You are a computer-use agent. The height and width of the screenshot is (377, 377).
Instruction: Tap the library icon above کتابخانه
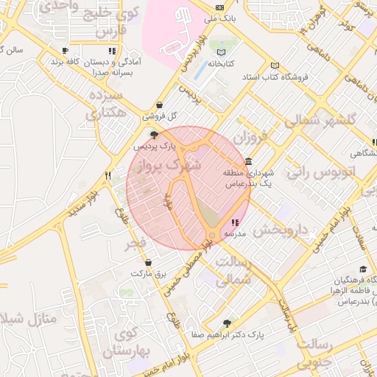[222, 52]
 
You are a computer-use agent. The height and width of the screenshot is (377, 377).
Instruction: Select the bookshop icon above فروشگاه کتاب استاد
[275, 65]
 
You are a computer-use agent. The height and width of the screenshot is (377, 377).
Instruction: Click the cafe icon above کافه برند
[65, 50]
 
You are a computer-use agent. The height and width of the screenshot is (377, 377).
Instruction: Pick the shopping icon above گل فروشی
[161, 105]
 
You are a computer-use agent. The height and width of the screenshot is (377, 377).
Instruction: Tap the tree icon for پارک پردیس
[154, 134]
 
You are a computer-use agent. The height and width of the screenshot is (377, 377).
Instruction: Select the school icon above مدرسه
[235, 222]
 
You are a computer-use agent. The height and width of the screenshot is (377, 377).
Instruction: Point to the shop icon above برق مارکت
[149, 261]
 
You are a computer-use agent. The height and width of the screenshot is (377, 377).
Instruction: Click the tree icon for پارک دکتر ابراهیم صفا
[227, 323]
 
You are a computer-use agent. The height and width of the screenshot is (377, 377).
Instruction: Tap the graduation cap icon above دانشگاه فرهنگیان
[362, 269]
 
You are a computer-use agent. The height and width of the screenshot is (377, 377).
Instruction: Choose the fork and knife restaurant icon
[108, 175]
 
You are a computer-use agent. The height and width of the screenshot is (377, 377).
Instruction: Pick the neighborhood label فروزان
[253, 137]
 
